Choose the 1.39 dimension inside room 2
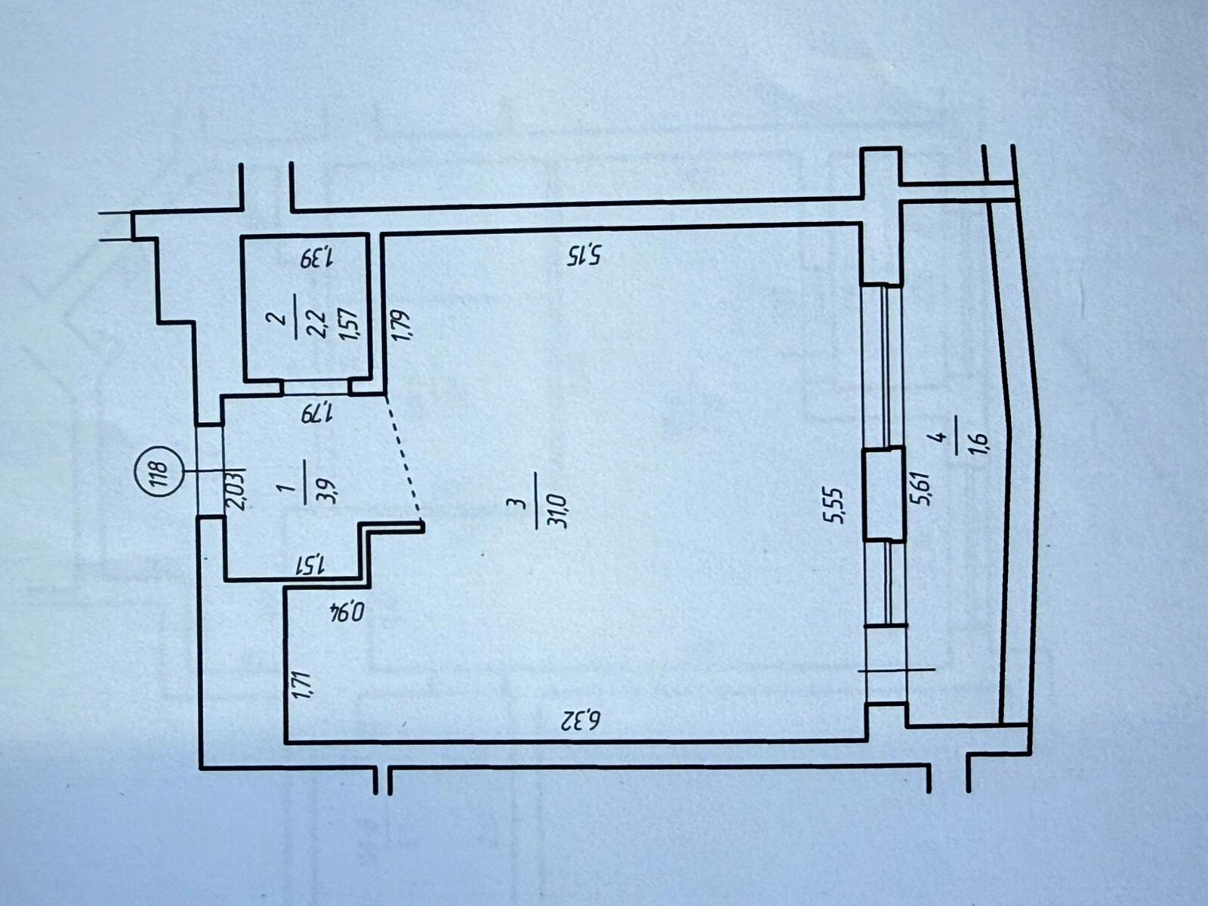[318, 257]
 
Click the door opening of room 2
[316, 387]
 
